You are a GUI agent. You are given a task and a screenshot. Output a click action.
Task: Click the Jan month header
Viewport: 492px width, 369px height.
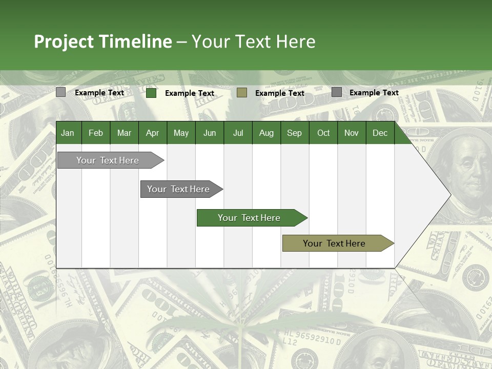(x=68, y=133)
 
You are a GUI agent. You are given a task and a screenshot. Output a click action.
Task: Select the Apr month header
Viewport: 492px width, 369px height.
(x=152, y=133)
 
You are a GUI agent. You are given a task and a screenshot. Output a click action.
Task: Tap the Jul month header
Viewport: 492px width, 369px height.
(x=238, y=133)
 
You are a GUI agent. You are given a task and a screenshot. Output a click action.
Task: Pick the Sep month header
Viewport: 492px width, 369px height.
(x=294, y=133)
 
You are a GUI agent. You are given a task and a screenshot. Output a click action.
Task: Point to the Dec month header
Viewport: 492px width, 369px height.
(x=380, y=133)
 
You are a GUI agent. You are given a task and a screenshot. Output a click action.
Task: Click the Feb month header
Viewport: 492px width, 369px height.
(x=96, y=133)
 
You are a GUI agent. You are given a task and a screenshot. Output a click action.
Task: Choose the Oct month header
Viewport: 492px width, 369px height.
(x=323, y=133)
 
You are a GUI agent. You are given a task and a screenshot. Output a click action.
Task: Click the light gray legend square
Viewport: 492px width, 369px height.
(x=61, y=92)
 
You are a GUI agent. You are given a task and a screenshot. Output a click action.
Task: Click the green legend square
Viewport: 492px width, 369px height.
(x=151, y=93)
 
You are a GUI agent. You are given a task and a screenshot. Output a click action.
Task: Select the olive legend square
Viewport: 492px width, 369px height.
(x=242, y=92)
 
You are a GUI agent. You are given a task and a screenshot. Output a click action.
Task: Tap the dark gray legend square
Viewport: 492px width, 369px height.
(x=337, y=92)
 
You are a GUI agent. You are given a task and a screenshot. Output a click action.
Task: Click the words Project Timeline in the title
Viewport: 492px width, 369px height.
(x=102, y=42)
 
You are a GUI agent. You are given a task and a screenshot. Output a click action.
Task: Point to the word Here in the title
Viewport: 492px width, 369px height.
(x=296, y=42)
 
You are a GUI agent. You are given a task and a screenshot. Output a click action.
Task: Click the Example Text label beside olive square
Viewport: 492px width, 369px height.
(x=279, y=93)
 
